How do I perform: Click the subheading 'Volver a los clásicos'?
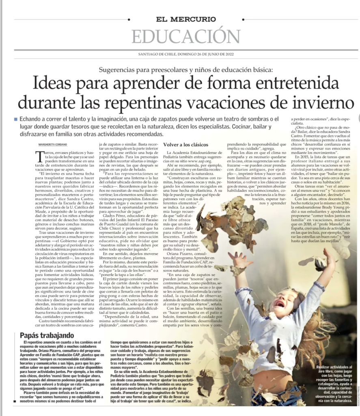click(x=186, y=145)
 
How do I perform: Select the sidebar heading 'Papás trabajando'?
click(x=47, y=335)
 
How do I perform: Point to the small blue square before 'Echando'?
click(x=15, y=119)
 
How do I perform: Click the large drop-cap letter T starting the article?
click(x=39, y=155)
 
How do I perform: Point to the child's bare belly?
click(x=276, y=378)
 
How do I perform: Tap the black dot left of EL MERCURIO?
click(x=129, y=19)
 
